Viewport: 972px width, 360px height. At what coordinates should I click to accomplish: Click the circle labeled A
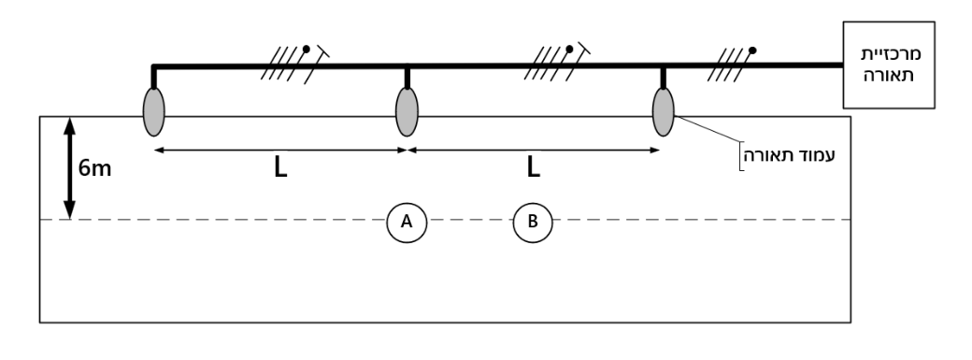407,223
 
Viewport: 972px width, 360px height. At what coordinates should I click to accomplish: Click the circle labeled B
533,223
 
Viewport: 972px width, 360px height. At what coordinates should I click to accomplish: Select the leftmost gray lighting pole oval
153,111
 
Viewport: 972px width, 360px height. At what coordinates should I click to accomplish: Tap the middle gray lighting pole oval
407,111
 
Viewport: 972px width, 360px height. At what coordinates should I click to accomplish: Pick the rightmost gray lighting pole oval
664,111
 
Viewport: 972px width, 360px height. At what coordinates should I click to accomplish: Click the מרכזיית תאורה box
888,65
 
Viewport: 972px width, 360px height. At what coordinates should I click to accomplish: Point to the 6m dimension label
94,168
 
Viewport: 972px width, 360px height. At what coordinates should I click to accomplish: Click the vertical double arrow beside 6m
69,167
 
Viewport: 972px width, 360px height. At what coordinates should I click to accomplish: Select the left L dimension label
280,168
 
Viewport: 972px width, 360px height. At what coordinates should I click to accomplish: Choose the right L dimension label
533,168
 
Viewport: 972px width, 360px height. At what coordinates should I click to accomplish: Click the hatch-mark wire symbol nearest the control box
735,64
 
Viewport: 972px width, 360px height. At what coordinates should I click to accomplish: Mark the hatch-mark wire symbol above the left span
294,64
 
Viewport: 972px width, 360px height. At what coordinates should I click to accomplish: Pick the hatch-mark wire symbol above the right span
557,63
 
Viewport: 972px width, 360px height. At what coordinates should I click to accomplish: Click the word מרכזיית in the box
891,53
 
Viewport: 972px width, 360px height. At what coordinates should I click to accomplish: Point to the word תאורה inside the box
891,77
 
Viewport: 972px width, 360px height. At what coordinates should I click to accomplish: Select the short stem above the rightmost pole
664,78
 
